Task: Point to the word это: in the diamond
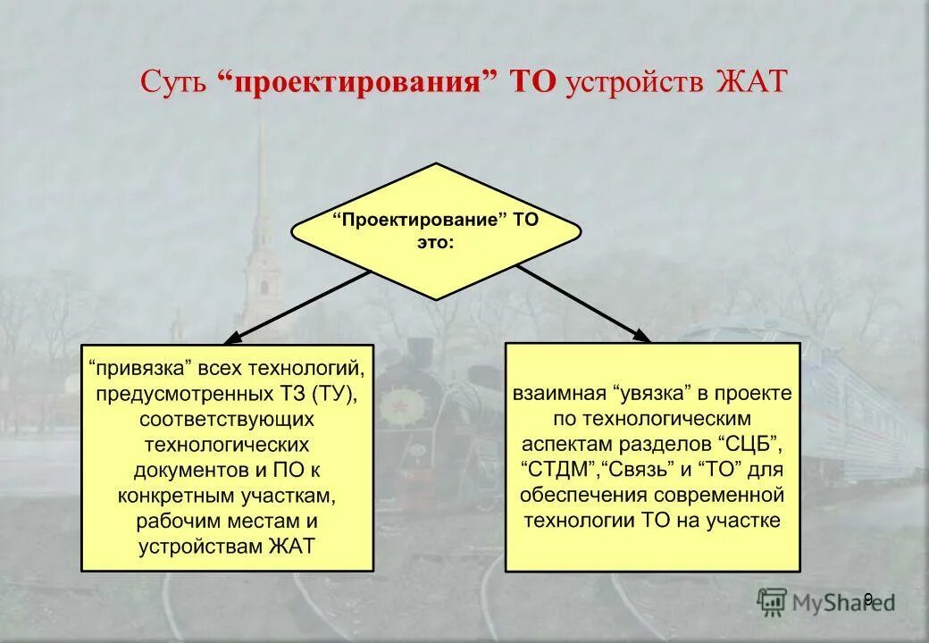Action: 435,242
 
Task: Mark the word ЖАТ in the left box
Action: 291,547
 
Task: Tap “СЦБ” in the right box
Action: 749,444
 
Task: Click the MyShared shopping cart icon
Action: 773,601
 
